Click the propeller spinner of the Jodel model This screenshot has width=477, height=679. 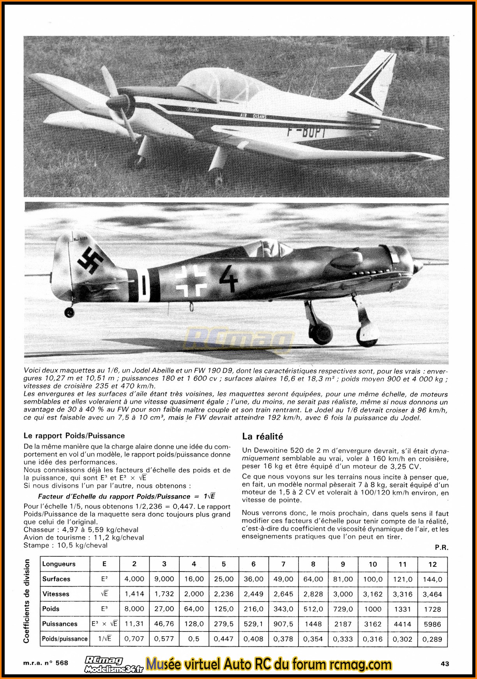(x=116, y=102)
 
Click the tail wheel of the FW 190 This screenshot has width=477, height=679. (x=70, y=312)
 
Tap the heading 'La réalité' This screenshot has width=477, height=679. (x=262, y=436)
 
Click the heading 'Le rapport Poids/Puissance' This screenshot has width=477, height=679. (x=74, y=436)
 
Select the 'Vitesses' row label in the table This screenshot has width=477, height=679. (x=56, y=594)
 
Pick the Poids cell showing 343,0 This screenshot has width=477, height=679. (x=283, y=609)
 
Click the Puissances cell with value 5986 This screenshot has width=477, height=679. (x=432, y=624)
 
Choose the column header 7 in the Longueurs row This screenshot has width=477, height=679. (x=283, y=564)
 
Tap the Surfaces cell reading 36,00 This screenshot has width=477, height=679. (x=253, y=579)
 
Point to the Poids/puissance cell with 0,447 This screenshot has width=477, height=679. (x=224, y=639)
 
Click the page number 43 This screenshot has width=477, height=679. (x=445, y=663)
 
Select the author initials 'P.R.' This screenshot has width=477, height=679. (x=442, y=547)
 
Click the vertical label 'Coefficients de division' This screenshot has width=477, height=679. (x=26, y=601)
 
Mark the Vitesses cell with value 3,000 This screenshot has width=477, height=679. (x=343, y=594)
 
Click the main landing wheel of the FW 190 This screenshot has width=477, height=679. (x=368, y=333)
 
